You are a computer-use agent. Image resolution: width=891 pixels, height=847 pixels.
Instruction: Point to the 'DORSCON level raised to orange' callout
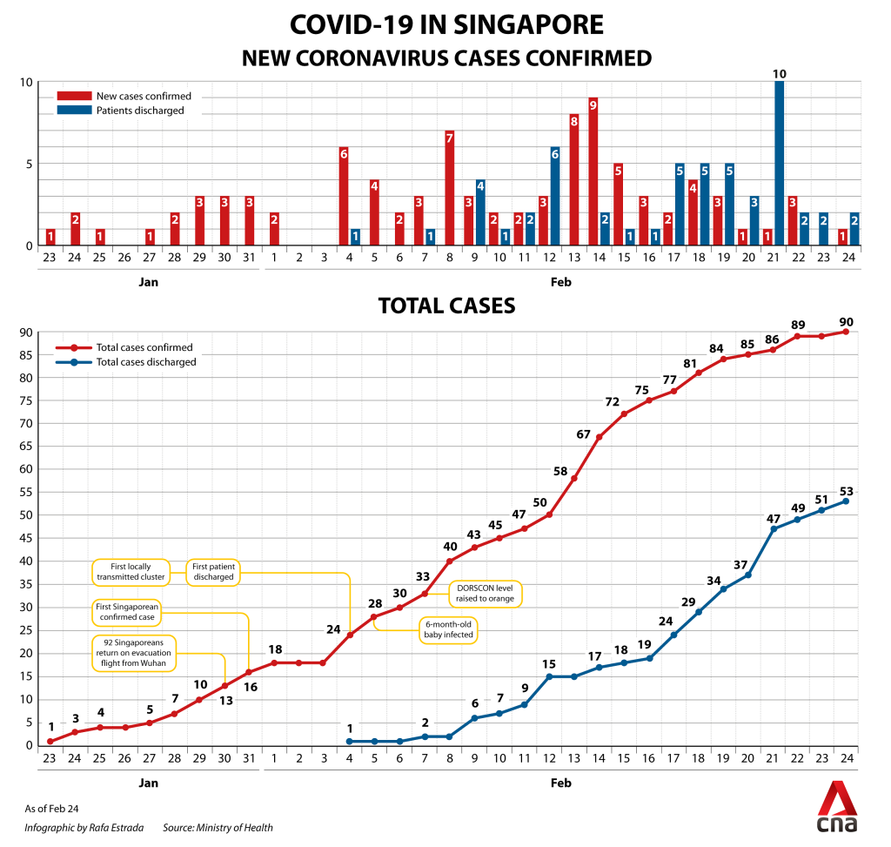tap(485, 594)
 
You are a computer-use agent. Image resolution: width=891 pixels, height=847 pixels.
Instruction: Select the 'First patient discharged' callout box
tap(213, 571)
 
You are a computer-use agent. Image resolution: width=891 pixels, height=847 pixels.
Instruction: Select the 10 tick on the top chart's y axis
tap(26, 83)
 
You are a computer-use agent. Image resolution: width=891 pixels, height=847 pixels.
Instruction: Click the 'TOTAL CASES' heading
tap(446, 306)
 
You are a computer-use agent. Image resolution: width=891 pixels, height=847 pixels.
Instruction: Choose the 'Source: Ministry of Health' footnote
tap(218, 828)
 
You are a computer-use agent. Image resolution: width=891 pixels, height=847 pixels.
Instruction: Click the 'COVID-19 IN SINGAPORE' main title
tap(446, 24)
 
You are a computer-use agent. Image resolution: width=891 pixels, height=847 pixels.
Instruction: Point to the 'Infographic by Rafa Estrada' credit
tap(84, 828)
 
